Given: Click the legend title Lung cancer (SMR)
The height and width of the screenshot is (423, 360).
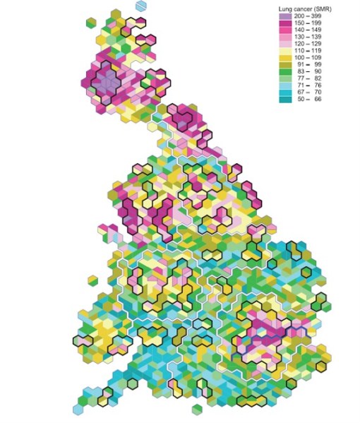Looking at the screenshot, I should click(x=304, y=8).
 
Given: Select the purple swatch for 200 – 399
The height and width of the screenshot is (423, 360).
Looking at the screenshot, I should click(x=284, y=16).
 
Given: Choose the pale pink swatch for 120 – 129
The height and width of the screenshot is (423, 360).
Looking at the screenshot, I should click(x=284, y=44).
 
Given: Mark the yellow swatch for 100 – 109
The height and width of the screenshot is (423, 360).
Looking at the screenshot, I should click(x=284, y=58).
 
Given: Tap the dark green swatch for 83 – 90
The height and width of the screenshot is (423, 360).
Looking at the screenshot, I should click(x=284, y=72).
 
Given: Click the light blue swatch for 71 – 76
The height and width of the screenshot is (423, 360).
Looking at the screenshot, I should click(x=284, y=86).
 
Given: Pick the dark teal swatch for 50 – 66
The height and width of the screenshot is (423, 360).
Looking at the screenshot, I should click(x=284, y=100).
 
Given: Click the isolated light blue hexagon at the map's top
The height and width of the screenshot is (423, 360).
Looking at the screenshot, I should click(x=142, y=6).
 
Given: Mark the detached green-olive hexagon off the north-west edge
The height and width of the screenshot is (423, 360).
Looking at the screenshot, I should click(x=90, y=23).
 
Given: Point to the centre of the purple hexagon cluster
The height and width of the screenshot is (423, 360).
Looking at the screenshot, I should click(x=107, y=83).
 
